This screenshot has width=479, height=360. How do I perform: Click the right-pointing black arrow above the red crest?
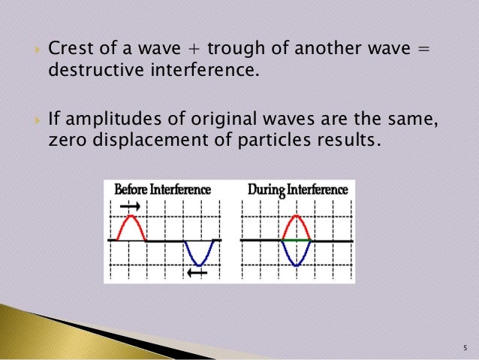click(x=129, y=205)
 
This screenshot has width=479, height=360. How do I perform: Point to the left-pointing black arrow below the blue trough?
click(x=197, y=273)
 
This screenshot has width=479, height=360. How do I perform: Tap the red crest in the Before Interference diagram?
click(x=132, y=222)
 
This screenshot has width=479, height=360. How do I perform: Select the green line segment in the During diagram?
click(x=296, y=240)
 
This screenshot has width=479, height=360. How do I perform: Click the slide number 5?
click(x=465, y=347)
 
